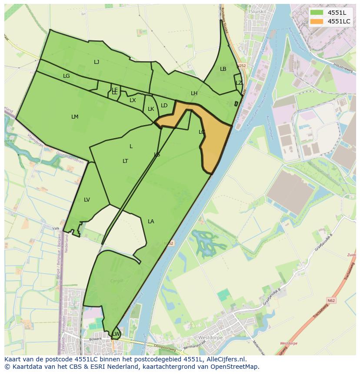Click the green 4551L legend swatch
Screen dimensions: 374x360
317,13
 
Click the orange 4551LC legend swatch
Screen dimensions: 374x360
317,21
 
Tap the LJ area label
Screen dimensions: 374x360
97,62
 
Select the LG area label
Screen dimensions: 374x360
66,76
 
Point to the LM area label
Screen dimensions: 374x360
75,117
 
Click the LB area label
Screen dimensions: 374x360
223,69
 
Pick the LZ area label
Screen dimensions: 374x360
239,83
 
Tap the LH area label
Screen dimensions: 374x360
194,93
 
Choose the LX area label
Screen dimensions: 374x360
133,100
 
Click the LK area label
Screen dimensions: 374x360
151,109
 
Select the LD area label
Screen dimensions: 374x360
164,106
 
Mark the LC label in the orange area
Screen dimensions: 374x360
202,132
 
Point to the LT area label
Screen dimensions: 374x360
125,161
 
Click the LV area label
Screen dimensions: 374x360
87,200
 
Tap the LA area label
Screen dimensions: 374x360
151,222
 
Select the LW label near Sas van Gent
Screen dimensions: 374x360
116,334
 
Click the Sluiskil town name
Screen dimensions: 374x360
260,11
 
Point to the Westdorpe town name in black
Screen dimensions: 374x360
210,338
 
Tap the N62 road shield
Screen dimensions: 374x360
332,300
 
